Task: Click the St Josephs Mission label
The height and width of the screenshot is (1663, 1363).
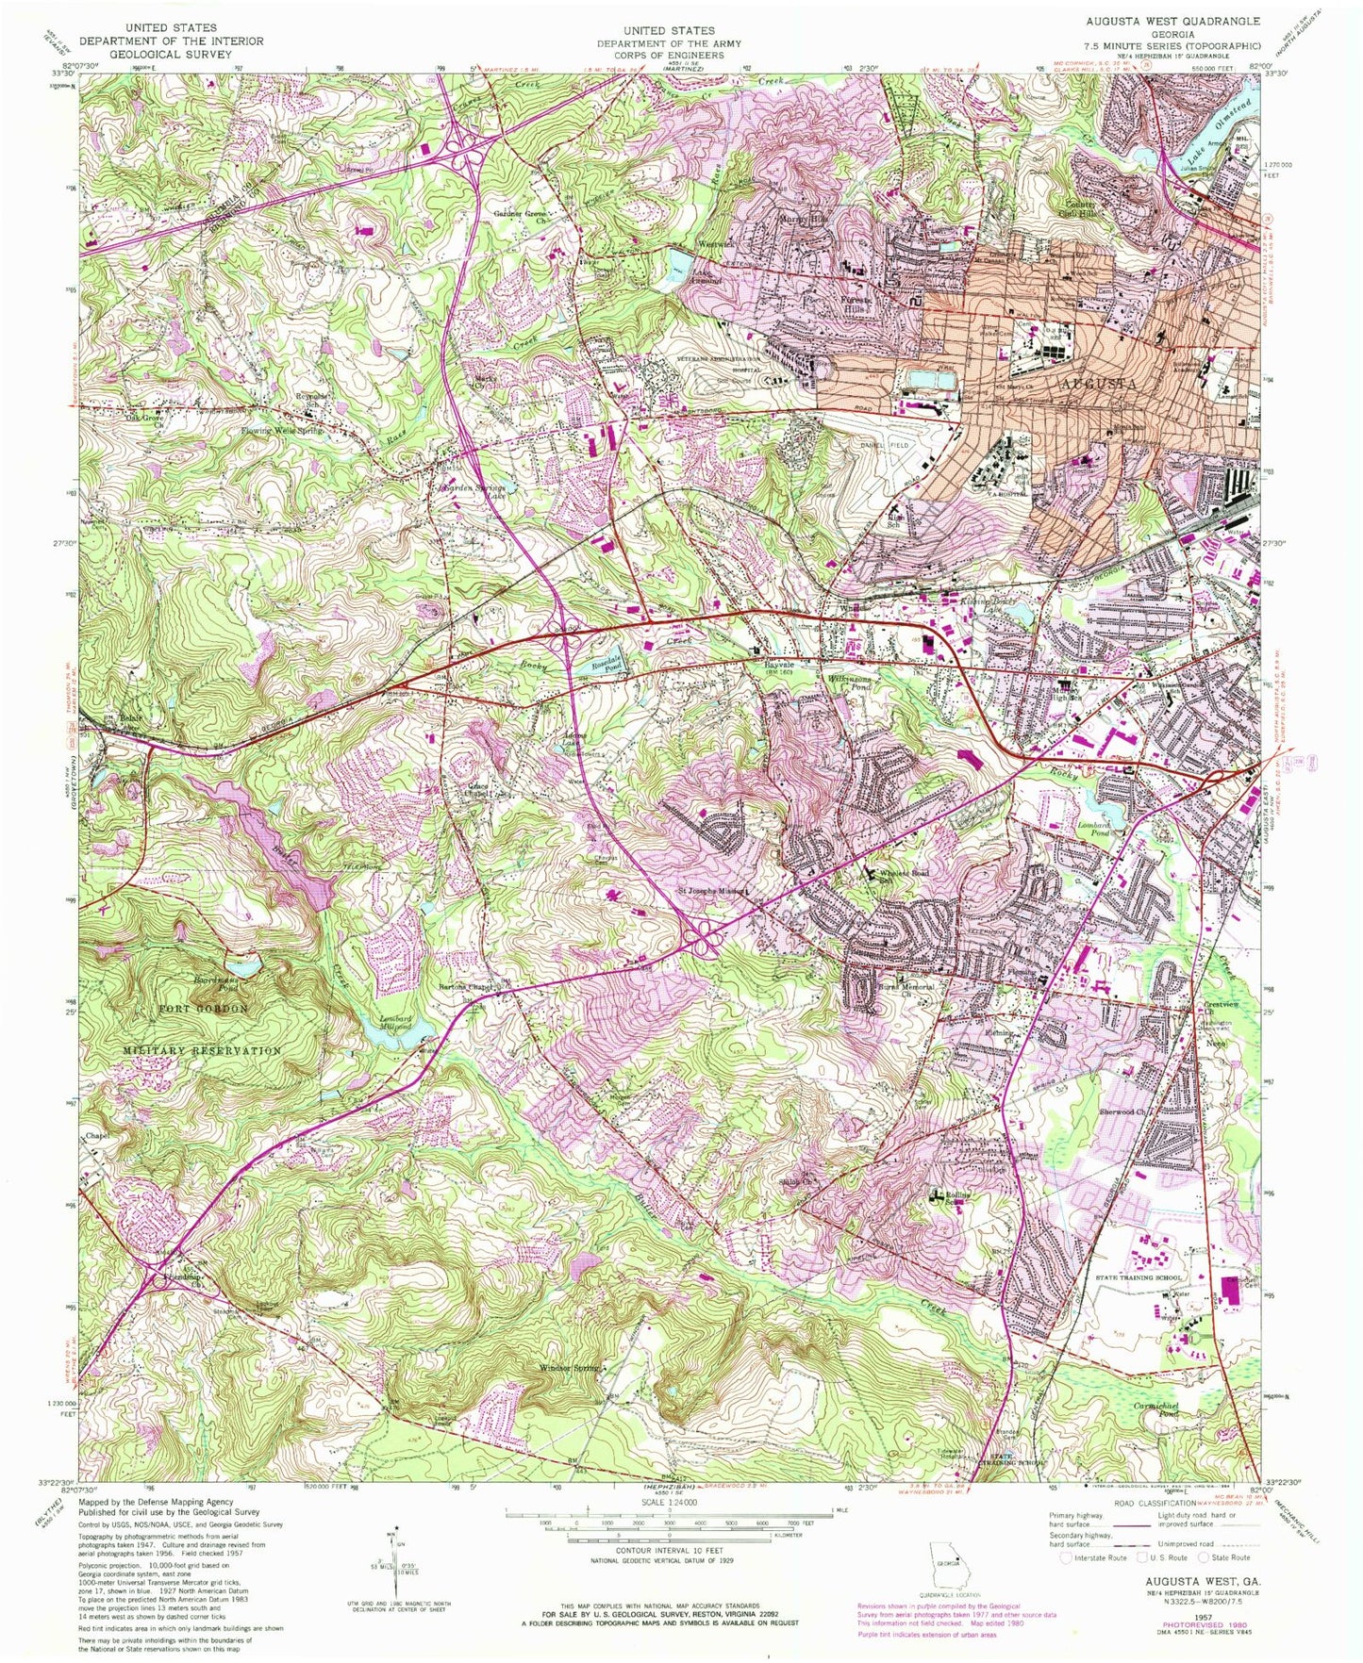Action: click(713, 889)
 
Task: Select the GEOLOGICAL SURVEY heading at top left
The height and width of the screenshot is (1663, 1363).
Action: click(171, 55)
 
